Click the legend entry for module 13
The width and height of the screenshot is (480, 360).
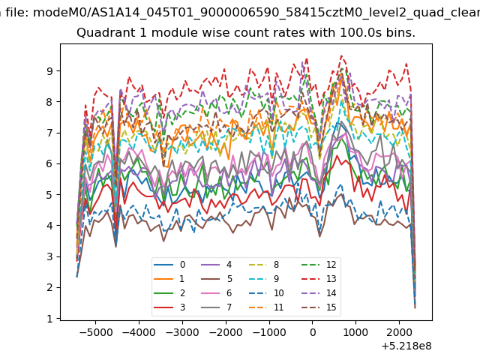click(x=319, y=279)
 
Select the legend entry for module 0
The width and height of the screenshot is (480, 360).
click(x=169, y=265)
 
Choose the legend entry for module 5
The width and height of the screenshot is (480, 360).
click(x=217, y=279)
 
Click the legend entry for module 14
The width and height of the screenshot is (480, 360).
click(x=319, y=293)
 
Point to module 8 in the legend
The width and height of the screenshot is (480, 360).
click(x=265, y=265)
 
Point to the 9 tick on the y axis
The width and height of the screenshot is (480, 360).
click(x=49, y=71)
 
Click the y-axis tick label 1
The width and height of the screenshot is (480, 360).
click(x=49, y=319)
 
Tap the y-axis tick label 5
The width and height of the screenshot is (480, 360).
click(x=49, y=195)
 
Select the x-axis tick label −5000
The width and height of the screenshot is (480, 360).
click(x=96, y=332)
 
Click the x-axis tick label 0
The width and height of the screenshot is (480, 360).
click(x=313, y=332)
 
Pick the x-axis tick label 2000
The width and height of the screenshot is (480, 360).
click(x=399, y=332)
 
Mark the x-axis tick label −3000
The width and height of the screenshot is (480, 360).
click(x=183, y=332)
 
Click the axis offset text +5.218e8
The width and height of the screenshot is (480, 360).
click(x=406, y=346)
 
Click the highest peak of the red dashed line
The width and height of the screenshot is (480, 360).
click(x=341, y=55)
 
